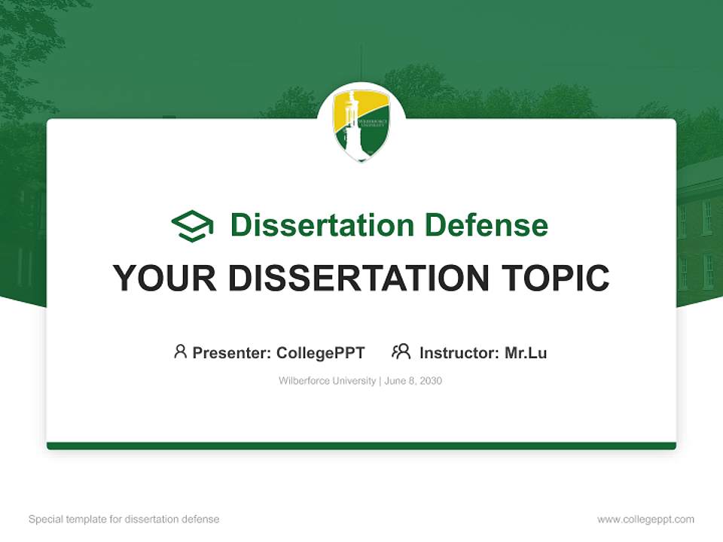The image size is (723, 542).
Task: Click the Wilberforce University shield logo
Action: click(361, 124)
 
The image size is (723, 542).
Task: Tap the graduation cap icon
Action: click(192, 226)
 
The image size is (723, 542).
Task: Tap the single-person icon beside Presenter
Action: click(180, 352)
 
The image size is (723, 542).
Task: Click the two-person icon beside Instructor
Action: click(401, 352)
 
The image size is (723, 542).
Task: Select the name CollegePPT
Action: click(321, 352)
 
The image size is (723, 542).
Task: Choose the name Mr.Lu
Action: click(526, 352)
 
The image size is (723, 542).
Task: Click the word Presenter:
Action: click(232, 352)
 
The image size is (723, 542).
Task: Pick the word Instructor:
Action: click(459, 352)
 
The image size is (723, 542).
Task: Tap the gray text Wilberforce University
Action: click(327, 381)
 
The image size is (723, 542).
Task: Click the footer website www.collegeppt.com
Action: click(645, 519)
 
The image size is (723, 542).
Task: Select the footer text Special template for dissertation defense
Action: click(124, 519)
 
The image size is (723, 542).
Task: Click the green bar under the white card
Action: click(361, 446)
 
